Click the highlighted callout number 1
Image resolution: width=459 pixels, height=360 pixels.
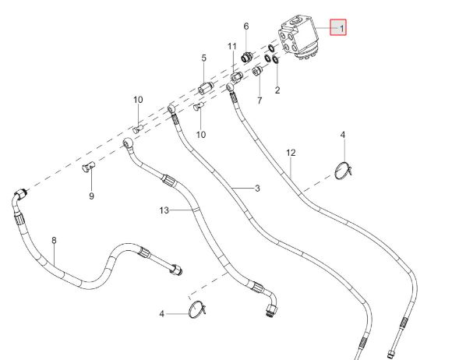(x=341, y=28)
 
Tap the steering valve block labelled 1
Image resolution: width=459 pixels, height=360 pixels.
(x=298, y=39)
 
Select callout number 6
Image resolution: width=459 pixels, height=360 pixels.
(x=246, y=26)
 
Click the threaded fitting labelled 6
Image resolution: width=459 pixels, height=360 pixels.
(x=246, y=57)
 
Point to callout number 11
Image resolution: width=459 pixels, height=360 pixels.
(x=232, y=46)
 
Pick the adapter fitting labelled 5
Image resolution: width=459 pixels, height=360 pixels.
(x=206, y=87)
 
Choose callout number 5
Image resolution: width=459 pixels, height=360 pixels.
(x=204, y=58)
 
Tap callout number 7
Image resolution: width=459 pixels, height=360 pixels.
(x=260, y=101)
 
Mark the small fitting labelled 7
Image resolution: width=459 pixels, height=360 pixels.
(x=257, y=71)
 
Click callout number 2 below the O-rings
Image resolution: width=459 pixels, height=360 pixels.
(x=277, y=90)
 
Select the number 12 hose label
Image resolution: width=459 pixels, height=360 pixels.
(x=291, y=153)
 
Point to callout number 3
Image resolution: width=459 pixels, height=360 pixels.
(x=257, y=189)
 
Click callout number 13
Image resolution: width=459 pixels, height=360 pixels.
(x=164, y=210)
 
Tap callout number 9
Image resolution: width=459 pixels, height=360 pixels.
(x=92, y=196)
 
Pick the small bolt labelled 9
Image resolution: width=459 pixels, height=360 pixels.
(x=88, y=167)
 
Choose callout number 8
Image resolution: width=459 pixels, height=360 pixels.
(x=54, y=241)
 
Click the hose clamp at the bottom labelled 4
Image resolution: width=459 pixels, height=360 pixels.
(x=197, y=309)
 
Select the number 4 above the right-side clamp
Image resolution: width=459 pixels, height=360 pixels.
(x=343, y=135)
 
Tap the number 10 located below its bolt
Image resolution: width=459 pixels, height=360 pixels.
(x=201, y=135)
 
